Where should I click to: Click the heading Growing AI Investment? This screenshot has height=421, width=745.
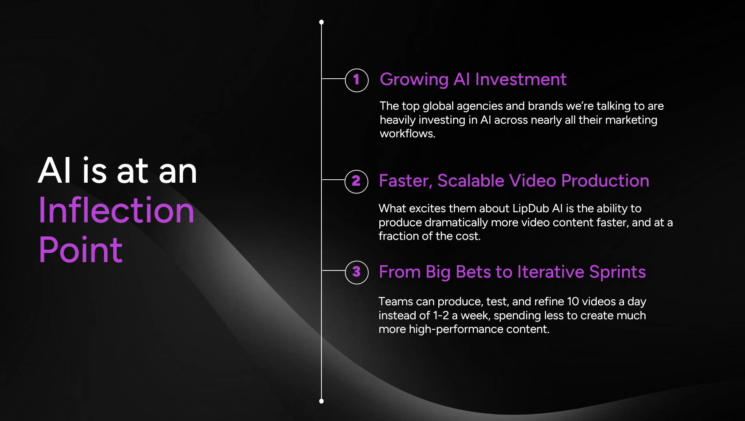[x=473, y=80]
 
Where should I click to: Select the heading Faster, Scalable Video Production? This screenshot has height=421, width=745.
[x=514, y=181]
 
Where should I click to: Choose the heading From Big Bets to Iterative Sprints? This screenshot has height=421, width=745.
[x=512, y=272]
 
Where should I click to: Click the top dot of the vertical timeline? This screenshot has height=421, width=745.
[x=321, y=22]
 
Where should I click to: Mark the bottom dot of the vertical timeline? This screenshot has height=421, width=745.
[x=321, y=401]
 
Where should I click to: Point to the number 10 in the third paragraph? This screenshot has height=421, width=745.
[x=573, y=301]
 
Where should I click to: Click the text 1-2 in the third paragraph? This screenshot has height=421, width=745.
[x=441, y=315]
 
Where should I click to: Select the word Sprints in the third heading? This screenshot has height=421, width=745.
[x=618, y=272]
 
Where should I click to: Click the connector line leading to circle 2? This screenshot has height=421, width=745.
[x=333, y=180]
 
